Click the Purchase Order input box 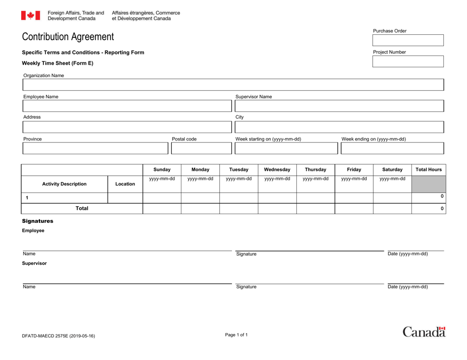[408, 40]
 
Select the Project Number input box [408, 61]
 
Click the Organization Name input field [233, 85]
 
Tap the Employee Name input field [126, 106]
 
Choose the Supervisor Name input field [339, 106]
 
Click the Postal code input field [200, 148]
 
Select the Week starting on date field [286, 148]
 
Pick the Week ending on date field [391, 148]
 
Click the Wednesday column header [277, 169]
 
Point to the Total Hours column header [429, 169]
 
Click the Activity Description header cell [64, 184]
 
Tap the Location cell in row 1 [125, 197]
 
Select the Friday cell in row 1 [354, 197]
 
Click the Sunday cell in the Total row [162, 208]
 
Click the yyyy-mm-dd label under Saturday [392, 179]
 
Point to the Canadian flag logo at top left [30, 16]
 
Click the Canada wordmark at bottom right [424, 332]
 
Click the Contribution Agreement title [68, 37]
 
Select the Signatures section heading [37, 222]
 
